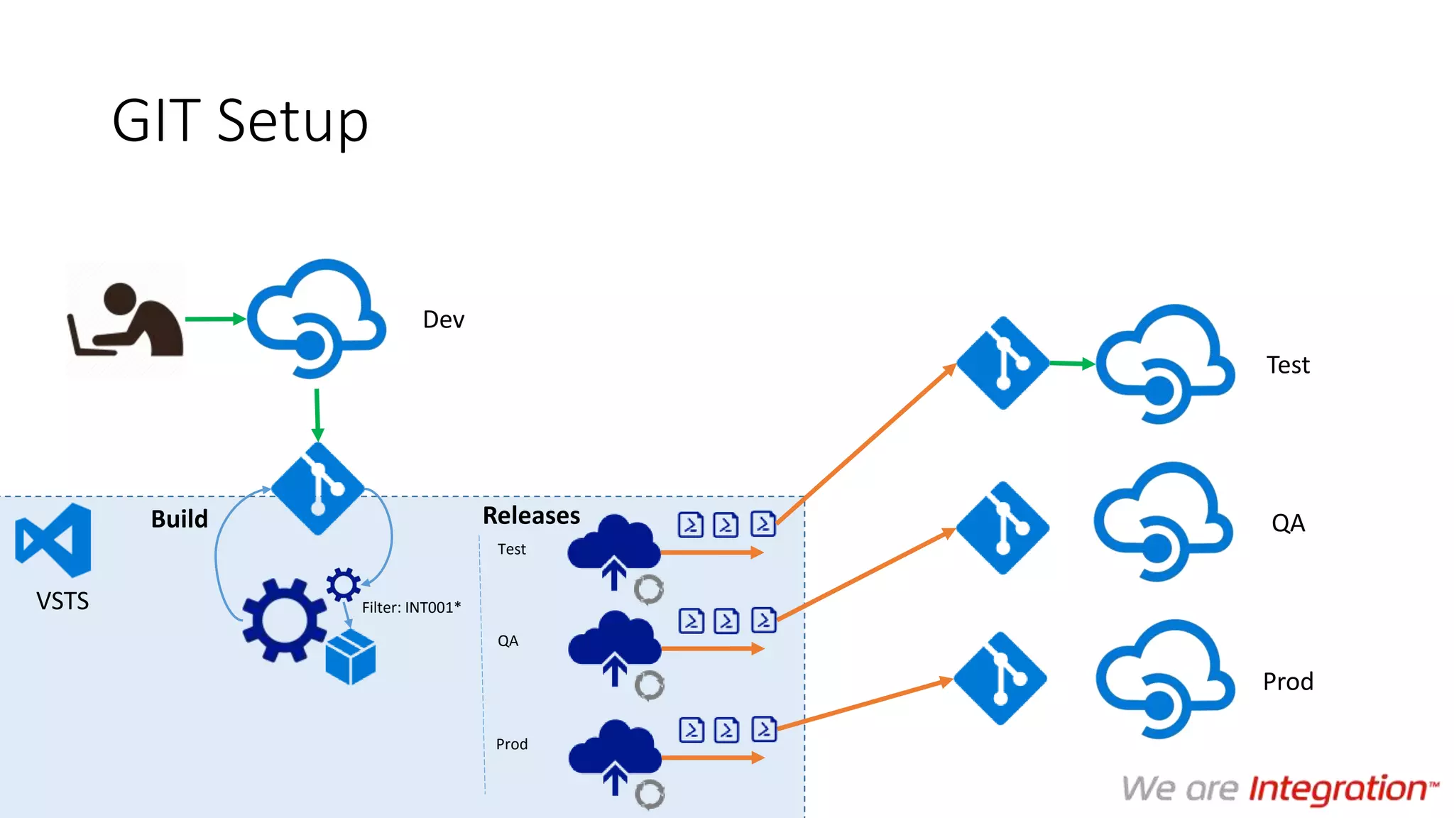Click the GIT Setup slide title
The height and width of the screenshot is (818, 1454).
click(x=240, y=121)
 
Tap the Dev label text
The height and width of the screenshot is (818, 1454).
click(x=443, y=320)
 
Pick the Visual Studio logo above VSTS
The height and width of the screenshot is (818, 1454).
click(x=54, y=540)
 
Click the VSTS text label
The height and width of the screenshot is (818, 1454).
click(x=62, y=601)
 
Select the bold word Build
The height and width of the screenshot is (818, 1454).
click(x=179, y=519)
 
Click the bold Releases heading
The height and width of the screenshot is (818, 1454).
click(x=531, y=516)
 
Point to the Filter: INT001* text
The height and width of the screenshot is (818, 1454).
click(x=411, y=608)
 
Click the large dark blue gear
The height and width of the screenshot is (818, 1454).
click(x=284, y=620)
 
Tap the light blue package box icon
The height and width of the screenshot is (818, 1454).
click(x=350, y=657)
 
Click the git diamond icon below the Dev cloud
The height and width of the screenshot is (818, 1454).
click(x=317, y=489)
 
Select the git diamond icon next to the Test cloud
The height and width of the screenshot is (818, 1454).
click(x=1002, y=363)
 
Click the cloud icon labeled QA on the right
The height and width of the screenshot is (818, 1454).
click(x=1163, y=522)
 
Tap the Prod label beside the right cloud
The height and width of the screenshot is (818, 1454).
click(x=1287, y=682)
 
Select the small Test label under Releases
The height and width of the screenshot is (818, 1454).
click(x=511, y=549)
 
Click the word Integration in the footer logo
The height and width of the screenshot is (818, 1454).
click(x=1338, y=789)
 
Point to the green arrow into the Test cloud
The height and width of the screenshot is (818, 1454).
click(x=1072, y=364)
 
